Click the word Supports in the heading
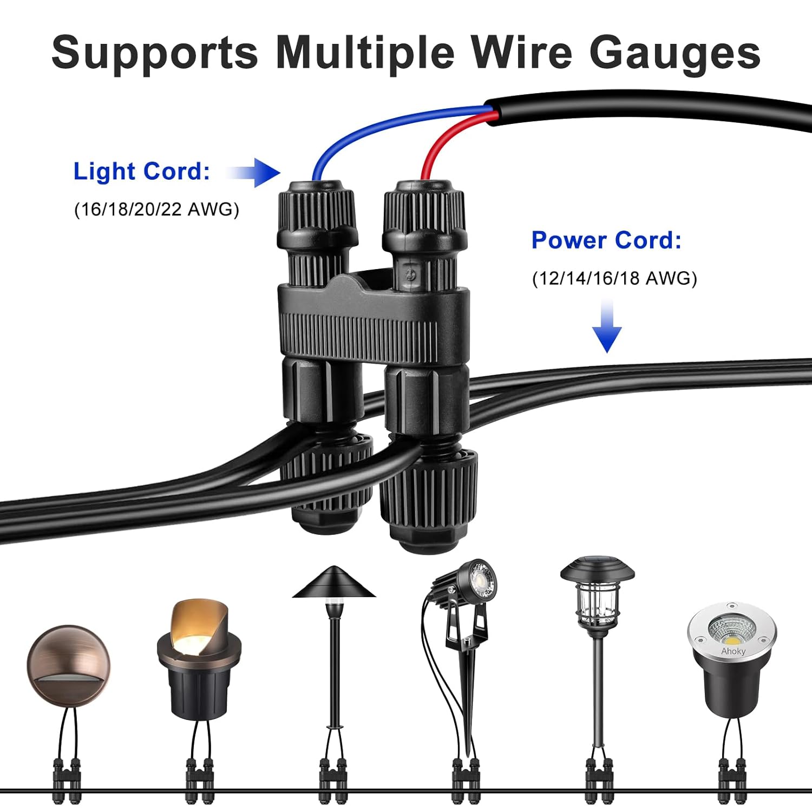click(x=155, y=53)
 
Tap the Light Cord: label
click(x=141, y=172)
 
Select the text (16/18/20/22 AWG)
click(x=156, y=209)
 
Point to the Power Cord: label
click(x=606, y=240)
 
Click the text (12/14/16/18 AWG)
click(x=614, y=278)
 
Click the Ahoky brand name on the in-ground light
click(x=733, y=652)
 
